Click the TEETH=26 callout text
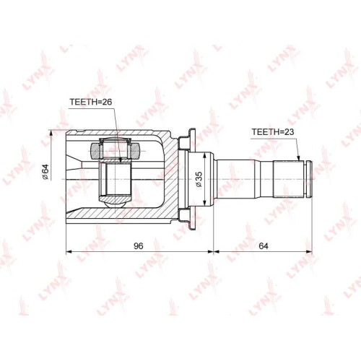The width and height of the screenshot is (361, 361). click(91, 102)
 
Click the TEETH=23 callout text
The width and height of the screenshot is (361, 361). click(273, 132)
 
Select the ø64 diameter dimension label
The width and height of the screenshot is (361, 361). click(45, 172)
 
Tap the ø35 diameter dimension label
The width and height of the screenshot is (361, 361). click(199, 179)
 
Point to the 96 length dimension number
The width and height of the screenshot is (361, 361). click(139, 245)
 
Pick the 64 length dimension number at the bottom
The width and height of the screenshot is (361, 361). click(264, 245)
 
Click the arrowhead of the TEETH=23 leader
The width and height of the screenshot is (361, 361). click(299, 159)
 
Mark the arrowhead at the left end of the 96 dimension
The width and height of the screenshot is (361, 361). click(69, 252)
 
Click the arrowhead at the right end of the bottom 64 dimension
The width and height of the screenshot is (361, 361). click(309, 252)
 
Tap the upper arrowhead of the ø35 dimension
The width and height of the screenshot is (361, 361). click(204, 155)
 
